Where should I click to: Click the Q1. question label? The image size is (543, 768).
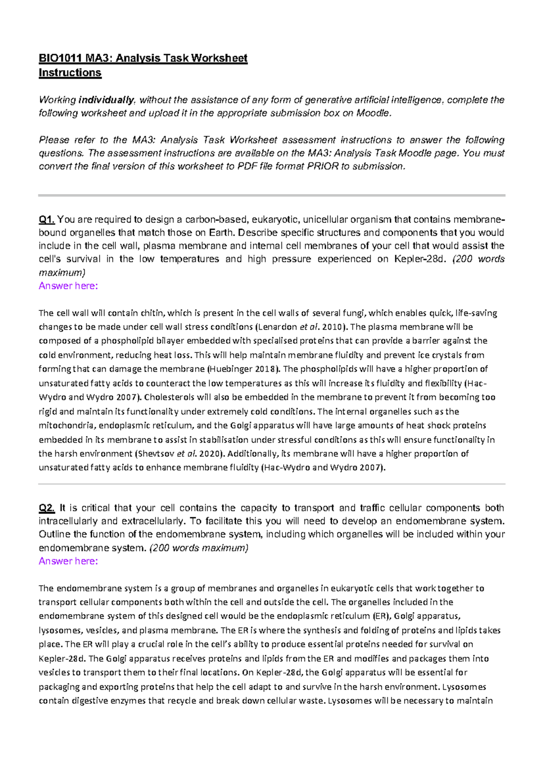coord(47,220)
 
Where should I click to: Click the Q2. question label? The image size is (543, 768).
coord(47,508)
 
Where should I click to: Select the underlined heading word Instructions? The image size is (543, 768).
coord(70,73)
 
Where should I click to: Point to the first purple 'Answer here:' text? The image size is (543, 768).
coord(68,286)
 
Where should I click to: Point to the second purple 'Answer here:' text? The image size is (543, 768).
coord(68,561)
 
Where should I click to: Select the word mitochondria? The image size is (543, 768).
coord(66,426)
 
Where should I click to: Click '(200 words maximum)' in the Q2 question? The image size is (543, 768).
coord(199,548)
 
